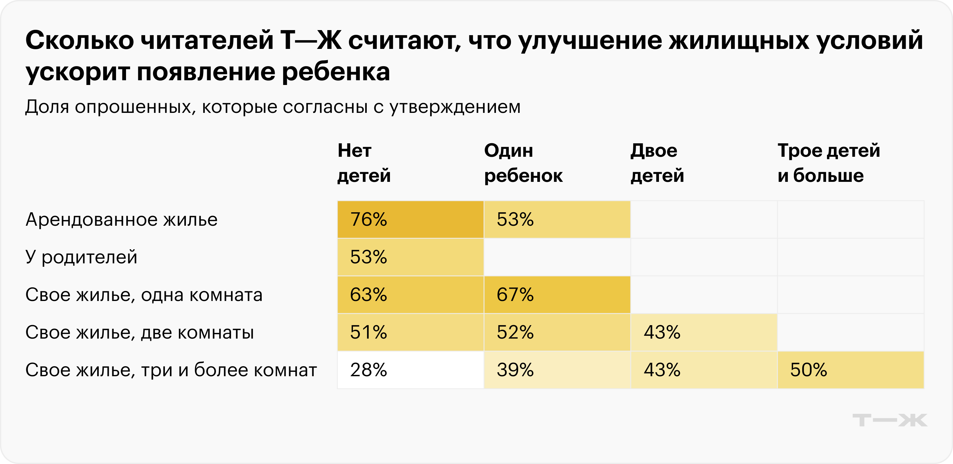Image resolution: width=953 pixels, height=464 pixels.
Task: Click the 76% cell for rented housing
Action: click(410, 219)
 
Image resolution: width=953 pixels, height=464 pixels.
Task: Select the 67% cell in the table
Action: click(557, 294)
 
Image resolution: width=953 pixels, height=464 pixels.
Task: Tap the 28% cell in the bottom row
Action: click(410, 370)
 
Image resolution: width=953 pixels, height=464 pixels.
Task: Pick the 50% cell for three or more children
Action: click(850, 370)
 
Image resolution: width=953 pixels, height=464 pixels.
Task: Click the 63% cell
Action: click(410, 294)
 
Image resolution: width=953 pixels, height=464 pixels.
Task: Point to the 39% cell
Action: click(557, 370)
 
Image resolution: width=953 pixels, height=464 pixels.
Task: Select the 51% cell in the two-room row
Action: click(410, 332)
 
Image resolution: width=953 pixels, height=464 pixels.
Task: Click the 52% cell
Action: click(557, 332)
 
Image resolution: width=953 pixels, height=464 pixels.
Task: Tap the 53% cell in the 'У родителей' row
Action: click(410, 257)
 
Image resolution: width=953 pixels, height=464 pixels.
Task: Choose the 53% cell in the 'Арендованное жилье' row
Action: click(557, 219)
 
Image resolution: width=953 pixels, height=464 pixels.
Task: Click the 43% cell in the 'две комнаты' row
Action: click(704, 332)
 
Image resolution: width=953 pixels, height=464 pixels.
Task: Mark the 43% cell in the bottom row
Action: click(704, 370)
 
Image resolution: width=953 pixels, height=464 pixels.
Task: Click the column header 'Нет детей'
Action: click(364, 163)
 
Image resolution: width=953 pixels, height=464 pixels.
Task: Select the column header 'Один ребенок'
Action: click(523, 163)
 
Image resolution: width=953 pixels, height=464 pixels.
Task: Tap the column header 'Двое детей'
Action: click(657, 163)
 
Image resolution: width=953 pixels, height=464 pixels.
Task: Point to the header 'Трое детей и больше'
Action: click(828, 163)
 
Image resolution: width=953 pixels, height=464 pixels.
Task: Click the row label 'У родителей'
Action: click(82, 257)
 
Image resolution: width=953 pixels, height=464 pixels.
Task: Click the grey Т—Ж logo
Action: click(890, 420)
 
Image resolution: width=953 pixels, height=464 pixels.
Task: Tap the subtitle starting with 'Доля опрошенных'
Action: click(273, 107)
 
